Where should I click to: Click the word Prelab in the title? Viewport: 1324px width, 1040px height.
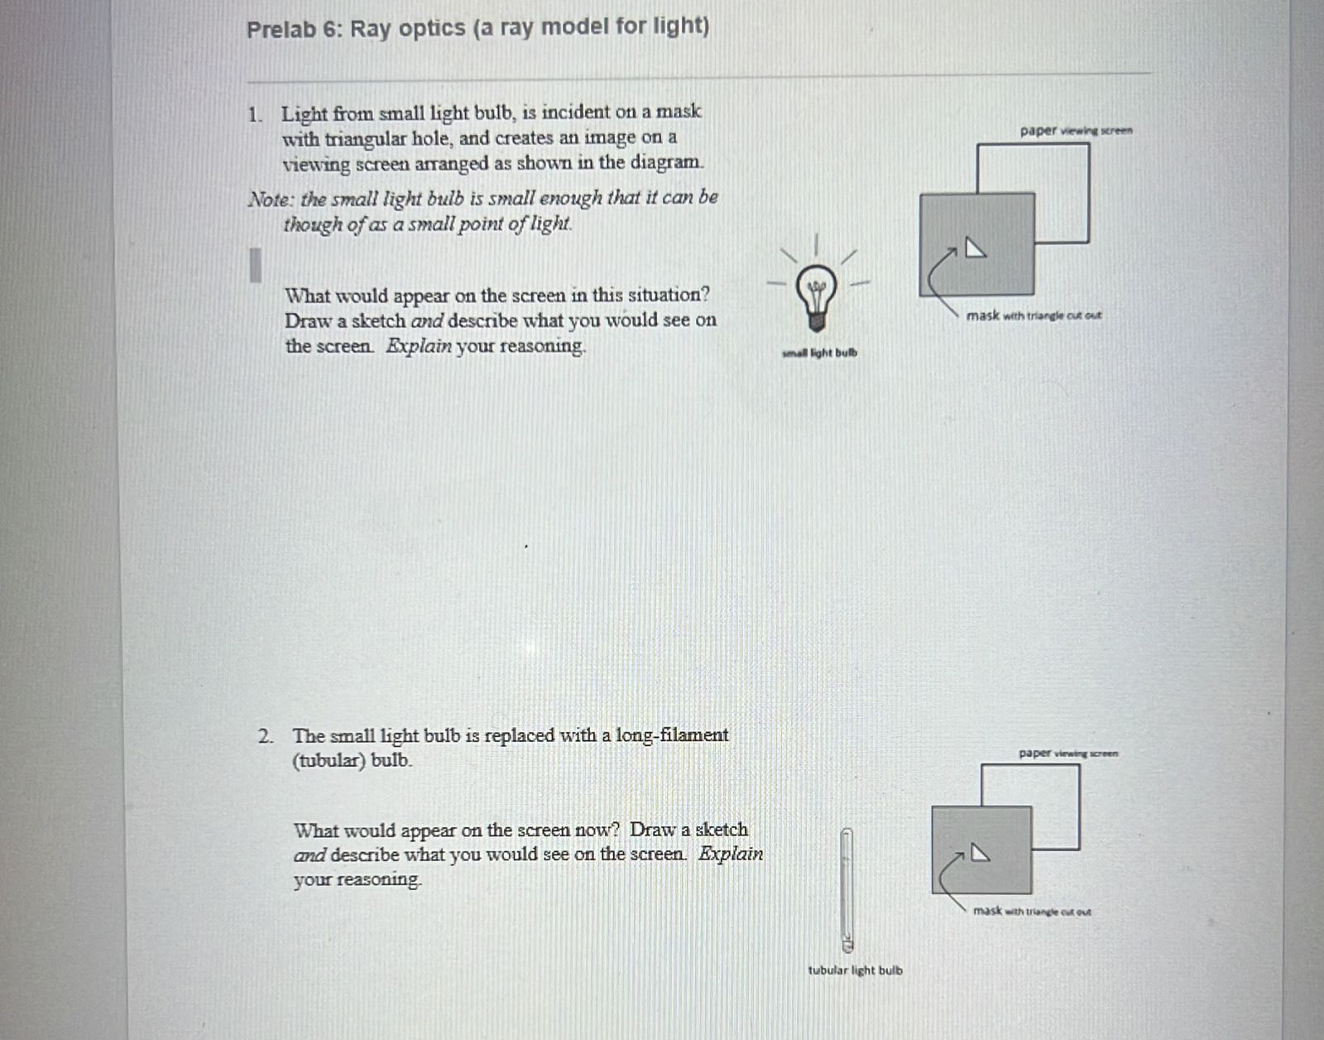281,30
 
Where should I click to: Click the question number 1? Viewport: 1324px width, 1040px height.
253,115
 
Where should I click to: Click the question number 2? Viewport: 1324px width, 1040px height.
264,736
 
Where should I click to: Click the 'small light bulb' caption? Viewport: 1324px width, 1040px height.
819,353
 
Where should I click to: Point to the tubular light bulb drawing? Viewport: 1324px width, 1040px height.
847,889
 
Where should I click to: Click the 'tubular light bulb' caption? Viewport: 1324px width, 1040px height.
855,970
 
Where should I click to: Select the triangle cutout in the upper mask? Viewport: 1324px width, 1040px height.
976,248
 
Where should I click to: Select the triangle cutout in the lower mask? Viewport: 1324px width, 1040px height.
980,853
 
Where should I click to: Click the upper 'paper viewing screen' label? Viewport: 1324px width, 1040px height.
1076,130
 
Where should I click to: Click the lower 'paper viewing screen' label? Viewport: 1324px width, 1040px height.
1068,754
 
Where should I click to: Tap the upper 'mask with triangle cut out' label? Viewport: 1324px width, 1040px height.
1034,315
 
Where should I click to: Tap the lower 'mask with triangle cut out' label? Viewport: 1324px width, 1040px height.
1032,911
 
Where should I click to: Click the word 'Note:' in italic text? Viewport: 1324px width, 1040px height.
271,200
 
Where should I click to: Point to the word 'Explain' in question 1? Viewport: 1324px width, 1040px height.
419,346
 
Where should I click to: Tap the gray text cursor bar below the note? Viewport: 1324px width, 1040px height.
256,265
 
